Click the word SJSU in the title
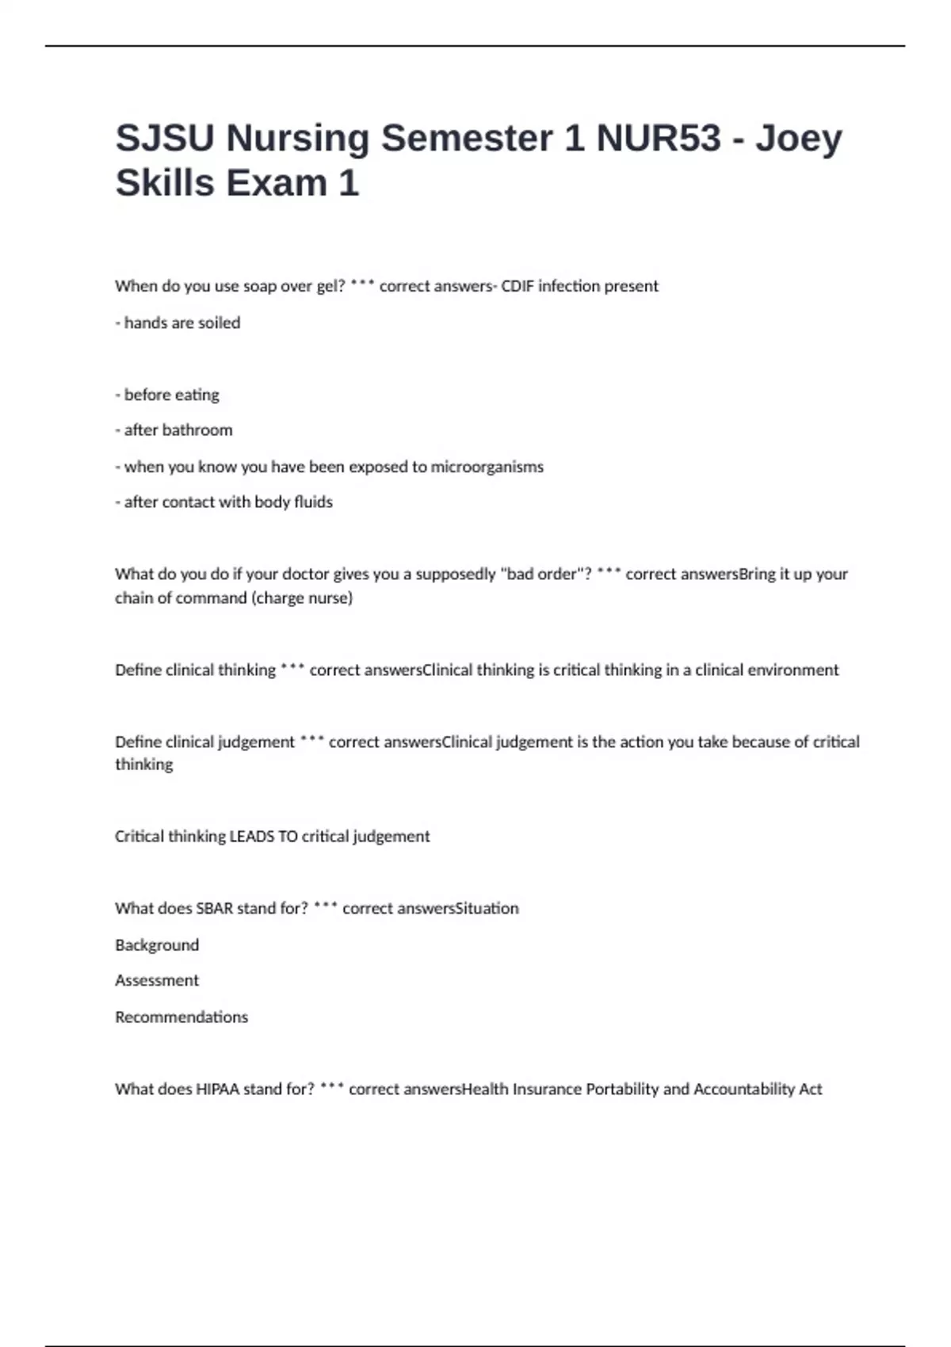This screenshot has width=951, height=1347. (165, 138)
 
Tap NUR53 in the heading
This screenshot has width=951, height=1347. (658, 138)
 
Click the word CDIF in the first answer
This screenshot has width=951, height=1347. (518, 286)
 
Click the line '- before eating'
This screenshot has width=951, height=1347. (167, 395)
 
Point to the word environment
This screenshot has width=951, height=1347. (792, 670)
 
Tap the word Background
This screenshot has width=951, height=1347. (157, 945)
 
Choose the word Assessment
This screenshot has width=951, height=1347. (157, 981)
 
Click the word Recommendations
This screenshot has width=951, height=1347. (181, 1017)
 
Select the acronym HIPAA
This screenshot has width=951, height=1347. (217, 1089)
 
